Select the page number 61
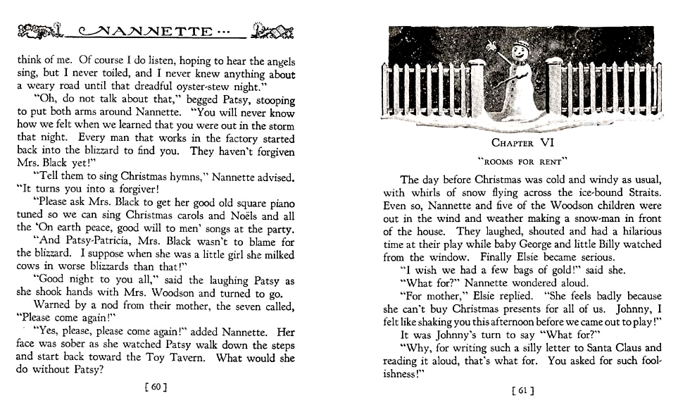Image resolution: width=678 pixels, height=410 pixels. click(522, 390)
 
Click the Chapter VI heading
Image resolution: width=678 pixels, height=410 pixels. click(522, 143)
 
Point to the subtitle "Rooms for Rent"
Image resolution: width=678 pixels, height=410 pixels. click(522, 160)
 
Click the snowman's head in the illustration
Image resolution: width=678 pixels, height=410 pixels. click(520, 51)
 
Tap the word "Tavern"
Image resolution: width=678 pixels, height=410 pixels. click(187, 356)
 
